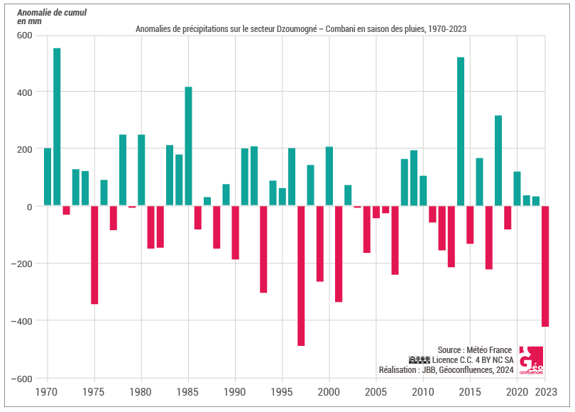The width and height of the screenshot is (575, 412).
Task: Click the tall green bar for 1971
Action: (57, 127)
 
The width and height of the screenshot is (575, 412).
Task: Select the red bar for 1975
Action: (94, 255)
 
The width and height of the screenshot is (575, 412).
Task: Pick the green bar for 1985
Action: (188, 146)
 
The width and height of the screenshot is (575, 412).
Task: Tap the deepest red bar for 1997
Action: (301, 276)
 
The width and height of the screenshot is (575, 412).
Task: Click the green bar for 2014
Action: (461, 131)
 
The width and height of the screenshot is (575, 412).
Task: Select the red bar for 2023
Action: (545, 266)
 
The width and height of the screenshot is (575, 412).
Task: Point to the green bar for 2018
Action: (498, 161)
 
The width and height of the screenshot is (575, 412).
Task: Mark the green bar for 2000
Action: (329, 176)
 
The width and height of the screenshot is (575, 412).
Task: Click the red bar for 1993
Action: (263, 249)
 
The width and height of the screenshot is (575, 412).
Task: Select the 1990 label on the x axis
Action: (235, 391)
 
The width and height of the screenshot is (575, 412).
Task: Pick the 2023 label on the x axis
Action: (545, 391)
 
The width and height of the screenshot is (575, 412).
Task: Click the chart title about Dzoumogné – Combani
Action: (301, 28)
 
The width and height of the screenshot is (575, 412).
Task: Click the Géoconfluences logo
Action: (531, 361)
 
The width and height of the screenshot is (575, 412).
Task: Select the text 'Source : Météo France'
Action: (474, 350)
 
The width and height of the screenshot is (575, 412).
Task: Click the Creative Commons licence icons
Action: (420, 360)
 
